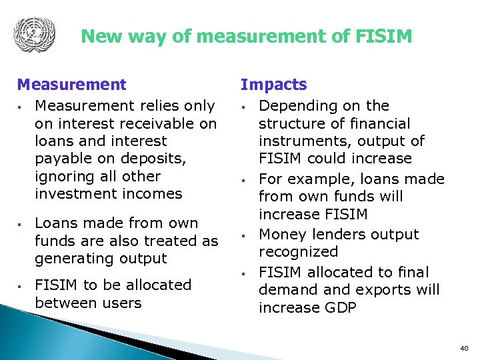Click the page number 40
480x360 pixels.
(464, 348)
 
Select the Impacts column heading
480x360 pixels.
(273, 85)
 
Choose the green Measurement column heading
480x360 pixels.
(71, 85)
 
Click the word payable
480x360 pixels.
(60, 159)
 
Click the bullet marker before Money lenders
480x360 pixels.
(245, 235)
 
